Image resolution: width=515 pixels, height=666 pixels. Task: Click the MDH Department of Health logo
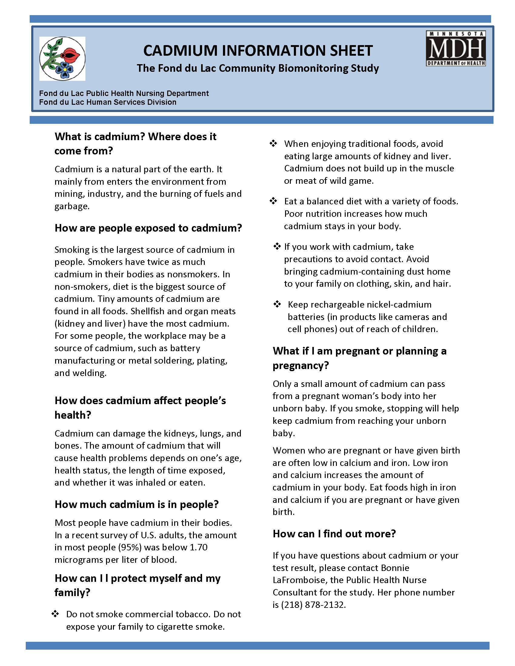pos(456,48)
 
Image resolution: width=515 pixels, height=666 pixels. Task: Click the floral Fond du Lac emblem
pos(62,58)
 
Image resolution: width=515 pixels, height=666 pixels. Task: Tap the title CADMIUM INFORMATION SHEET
pos(258,51)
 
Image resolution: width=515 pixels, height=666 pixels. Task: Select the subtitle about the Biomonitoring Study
pos(258,68)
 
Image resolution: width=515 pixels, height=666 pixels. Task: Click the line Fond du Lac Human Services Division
pos(108,102)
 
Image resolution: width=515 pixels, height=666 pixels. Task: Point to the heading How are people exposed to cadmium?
pos(148,228)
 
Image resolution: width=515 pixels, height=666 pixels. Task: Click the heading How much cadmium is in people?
pos(137,504)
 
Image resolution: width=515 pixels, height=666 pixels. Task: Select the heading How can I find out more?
pos(334,534)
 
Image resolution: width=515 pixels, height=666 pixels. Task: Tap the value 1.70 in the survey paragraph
pos(198,547)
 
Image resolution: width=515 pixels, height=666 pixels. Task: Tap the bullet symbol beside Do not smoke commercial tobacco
pos(55,614)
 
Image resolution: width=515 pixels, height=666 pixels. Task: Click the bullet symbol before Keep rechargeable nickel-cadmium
pos(277,304)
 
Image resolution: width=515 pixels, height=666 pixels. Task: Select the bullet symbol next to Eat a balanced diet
pos(273,201)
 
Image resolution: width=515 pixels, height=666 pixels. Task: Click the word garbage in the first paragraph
pos(71,206)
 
